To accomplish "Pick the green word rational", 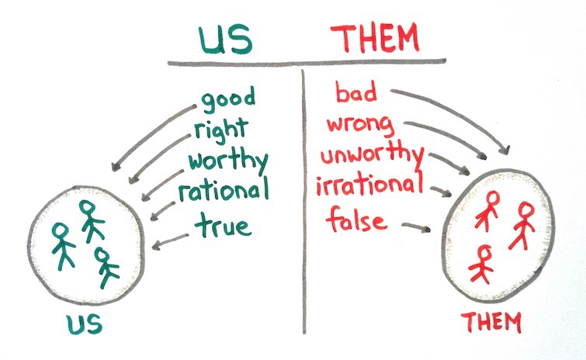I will coord(224,191).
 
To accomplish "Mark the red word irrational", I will coord(372,186).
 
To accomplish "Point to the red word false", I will coord(356,220).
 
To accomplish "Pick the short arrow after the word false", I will coord(416,227).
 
